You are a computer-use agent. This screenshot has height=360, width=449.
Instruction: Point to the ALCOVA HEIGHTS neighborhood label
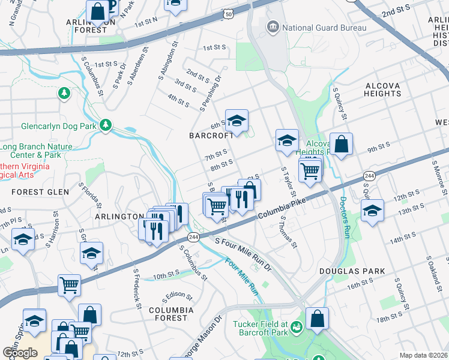382,90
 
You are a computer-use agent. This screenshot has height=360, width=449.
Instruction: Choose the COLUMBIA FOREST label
172,314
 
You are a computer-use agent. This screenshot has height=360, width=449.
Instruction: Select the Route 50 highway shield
228,13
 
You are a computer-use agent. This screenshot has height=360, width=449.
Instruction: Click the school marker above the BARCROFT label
237,121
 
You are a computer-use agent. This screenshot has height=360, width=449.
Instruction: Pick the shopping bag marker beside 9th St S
341,145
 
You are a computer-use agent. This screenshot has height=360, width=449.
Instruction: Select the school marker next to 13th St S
372,211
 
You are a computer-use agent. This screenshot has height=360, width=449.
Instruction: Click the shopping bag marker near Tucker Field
317,319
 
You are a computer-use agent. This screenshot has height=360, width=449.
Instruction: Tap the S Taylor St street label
288,182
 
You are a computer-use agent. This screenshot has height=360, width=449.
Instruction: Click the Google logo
20,353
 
